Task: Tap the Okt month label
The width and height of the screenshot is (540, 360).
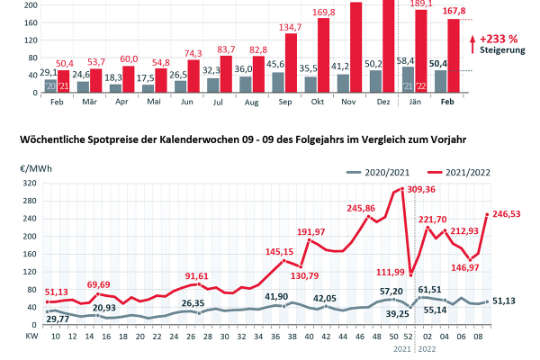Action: point(319,102)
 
